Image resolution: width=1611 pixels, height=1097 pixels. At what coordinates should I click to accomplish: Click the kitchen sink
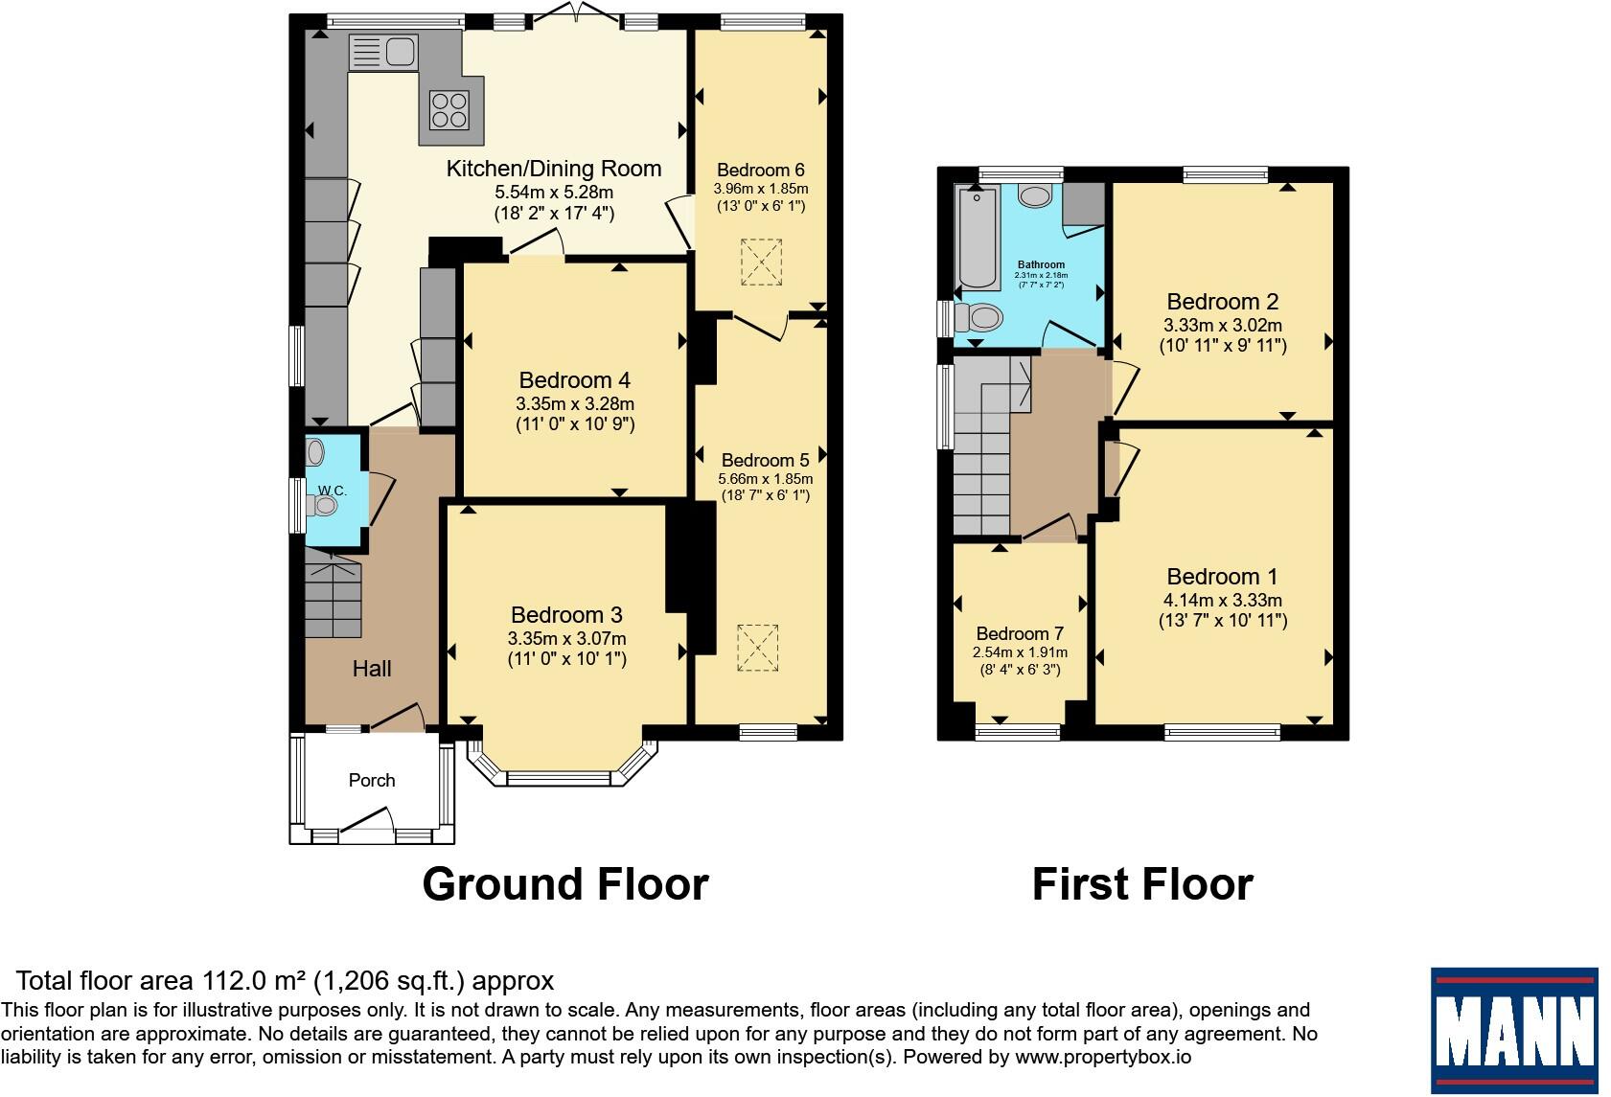click(382, 53)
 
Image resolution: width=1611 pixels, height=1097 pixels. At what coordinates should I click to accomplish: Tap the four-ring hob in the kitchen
click(449, 110)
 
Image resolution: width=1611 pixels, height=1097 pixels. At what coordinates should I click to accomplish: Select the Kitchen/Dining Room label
click(554, 169)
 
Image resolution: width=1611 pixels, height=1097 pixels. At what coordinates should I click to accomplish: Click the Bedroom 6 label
click(760, 171)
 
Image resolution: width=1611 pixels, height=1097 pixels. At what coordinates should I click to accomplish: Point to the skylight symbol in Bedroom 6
click(761, 263)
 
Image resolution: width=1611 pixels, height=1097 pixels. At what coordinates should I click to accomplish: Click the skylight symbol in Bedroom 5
click(757, 648)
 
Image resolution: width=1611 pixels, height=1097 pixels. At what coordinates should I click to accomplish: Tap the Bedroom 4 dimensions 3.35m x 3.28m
click(575, 403)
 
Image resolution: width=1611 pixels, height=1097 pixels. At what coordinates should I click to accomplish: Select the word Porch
click(372, 780)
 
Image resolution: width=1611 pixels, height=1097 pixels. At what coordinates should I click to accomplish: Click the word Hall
click(372, 669)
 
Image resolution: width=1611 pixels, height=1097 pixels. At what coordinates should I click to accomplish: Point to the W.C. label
click(333, 491)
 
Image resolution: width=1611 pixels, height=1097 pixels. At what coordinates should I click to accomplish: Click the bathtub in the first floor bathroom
click(978, 238)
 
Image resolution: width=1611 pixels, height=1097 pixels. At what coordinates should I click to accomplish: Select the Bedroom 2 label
click(1223, 301)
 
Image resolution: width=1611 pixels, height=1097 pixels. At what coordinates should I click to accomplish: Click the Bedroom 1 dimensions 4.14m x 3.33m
click(1223, 600)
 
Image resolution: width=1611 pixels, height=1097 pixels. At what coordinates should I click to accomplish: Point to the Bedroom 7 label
click(1020, 633)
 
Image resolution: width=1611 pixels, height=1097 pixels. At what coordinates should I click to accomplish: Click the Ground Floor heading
click(565, 884)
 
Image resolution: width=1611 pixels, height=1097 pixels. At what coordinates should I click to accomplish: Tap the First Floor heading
click(1142, 884)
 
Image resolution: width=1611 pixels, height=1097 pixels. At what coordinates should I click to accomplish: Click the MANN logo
click(1514, 1030)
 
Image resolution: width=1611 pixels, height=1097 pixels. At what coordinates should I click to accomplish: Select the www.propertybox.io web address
click(1103, 1058)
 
